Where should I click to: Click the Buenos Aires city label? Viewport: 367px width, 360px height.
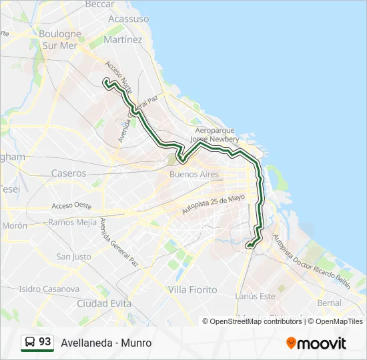coord(194,174)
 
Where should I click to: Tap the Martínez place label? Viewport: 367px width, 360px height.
coord(123,39)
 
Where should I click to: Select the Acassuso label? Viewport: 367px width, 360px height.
coord(128,19)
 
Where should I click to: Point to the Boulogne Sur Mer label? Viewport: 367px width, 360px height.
coord(60,39)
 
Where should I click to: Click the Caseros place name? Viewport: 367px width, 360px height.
coord(69,173)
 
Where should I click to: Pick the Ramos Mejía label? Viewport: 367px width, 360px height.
coord(73,222)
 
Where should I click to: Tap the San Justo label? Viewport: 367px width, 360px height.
coord(73,256)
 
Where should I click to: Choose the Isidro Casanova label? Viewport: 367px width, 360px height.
coord(49,289)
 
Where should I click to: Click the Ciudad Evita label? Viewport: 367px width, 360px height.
coord(99,303)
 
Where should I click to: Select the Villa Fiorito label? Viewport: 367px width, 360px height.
coord(192,289)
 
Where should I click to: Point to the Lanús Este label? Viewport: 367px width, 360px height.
coord(255,295)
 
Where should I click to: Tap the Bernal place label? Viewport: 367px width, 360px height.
coord(330,303)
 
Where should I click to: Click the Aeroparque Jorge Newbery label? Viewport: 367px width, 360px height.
coord(214,135)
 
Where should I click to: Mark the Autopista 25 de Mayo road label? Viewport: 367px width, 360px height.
coord(214,203)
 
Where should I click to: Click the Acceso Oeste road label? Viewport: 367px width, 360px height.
coord(71,206)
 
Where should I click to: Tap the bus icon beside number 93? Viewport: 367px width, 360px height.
coord(30,343)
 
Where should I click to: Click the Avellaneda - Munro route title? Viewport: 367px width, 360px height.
coord(106,343)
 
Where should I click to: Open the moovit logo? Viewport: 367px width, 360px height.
coord(316,343)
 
